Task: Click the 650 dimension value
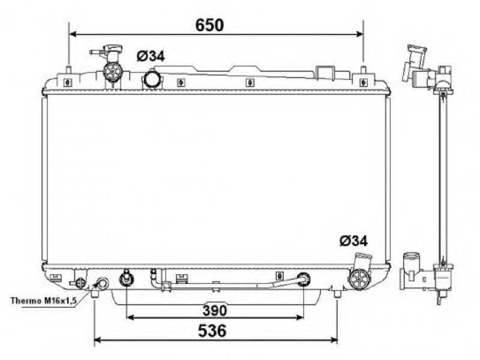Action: pyautogui.click(x=209, y=25)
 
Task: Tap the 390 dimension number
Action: pyautogui.click(x=215, y=310)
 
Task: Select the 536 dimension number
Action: pyautogui.click(x=212, y=331)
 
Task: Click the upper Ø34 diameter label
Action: pyautogui.click(x=151, y=56)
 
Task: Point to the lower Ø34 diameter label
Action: pyautogui.click(x=353, y=241)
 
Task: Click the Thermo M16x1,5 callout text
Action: pyautogui.click(x=43, y=301)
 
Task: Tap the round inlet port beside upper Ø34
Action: pyautogui.click(x=152, y=79)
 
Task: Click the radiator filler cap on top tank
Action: pyautogui.click(x=112, y=71)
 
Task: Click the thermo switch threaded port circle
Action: pyautogui.click(x=102, y=283)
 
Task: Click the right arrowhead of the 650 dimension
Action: pyautogui.click(x=359, y=34)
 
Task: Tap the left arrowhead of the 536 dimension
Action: pyautogui.click(x=98, y=340)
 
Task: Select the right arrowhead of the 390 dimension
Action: pyautogui.click(x=299, y=317)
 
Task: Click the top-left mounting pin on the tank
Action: pyautogui.click(x=69, y=70)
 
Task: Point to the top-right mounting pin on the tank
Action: pyautogui.click(x=364, y=70)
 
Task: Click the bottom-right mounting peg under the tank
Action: pyautogui.click(x=337, y=294)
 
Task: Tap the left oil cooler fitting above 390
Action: pyautogui.click(x=126, y=278)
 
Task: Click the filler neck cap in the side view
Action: pyautogui.click(x=416, y=50)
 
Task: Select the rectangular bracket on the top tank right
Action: pyautogui.click(x=325, y=73)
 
